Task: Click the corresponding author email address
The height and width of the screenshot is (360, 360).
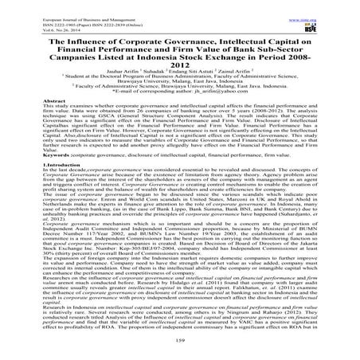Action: [x=232, y=93]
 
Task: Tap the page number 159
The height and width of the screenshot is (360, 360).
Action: [x=180, y=346]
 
